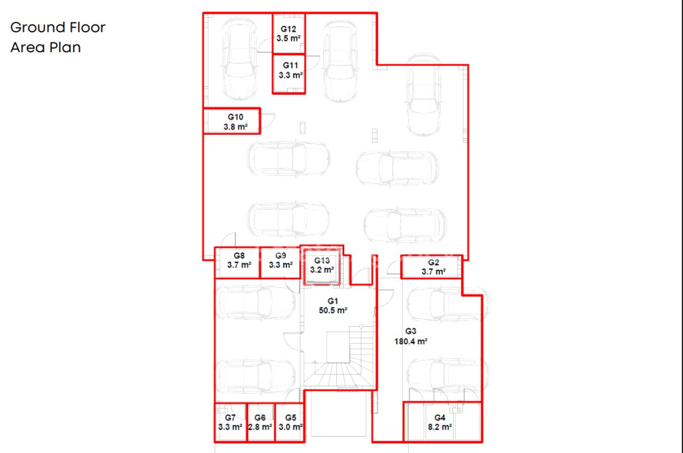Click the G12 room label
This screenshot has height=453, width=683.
click(288, 29)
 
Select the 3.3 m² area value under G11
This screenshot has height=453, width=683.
click(291, 75)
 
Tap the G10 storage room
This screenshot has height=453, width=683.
click(232, 121)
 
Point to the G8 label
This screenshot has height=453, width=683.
click(239, 256)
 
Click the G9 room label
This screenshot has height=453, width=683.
click(281, 256)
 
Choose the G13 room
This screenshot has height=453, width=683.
click(322, 266)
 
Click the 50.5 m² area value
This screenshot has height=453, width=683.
click(333, 311)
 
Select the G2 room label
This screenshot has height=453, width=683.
click(433, 262)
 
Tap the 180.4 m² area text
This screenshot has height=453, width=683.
click(411, 342)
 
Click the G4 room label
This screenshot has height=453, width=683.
click(440, 418)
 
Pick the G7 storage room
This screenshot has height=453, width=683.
click(230, 422)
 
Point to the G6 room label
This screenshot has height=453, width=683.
click(260, 418)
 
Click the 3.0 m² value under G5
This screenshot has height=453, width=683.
click(291, 427)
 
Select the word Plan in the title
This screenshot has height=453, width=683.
click(65, 47)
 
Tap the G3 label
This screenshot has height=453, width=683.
click(411, 331)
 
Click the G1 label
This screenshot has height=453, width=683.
click(332, 301)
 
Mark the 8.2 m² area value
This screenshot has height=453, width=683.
click(440, 427)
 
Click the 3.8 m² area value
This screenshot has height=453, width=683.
click(235, 127)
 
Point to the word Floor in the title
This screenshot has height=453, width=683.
click(88, 27)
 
